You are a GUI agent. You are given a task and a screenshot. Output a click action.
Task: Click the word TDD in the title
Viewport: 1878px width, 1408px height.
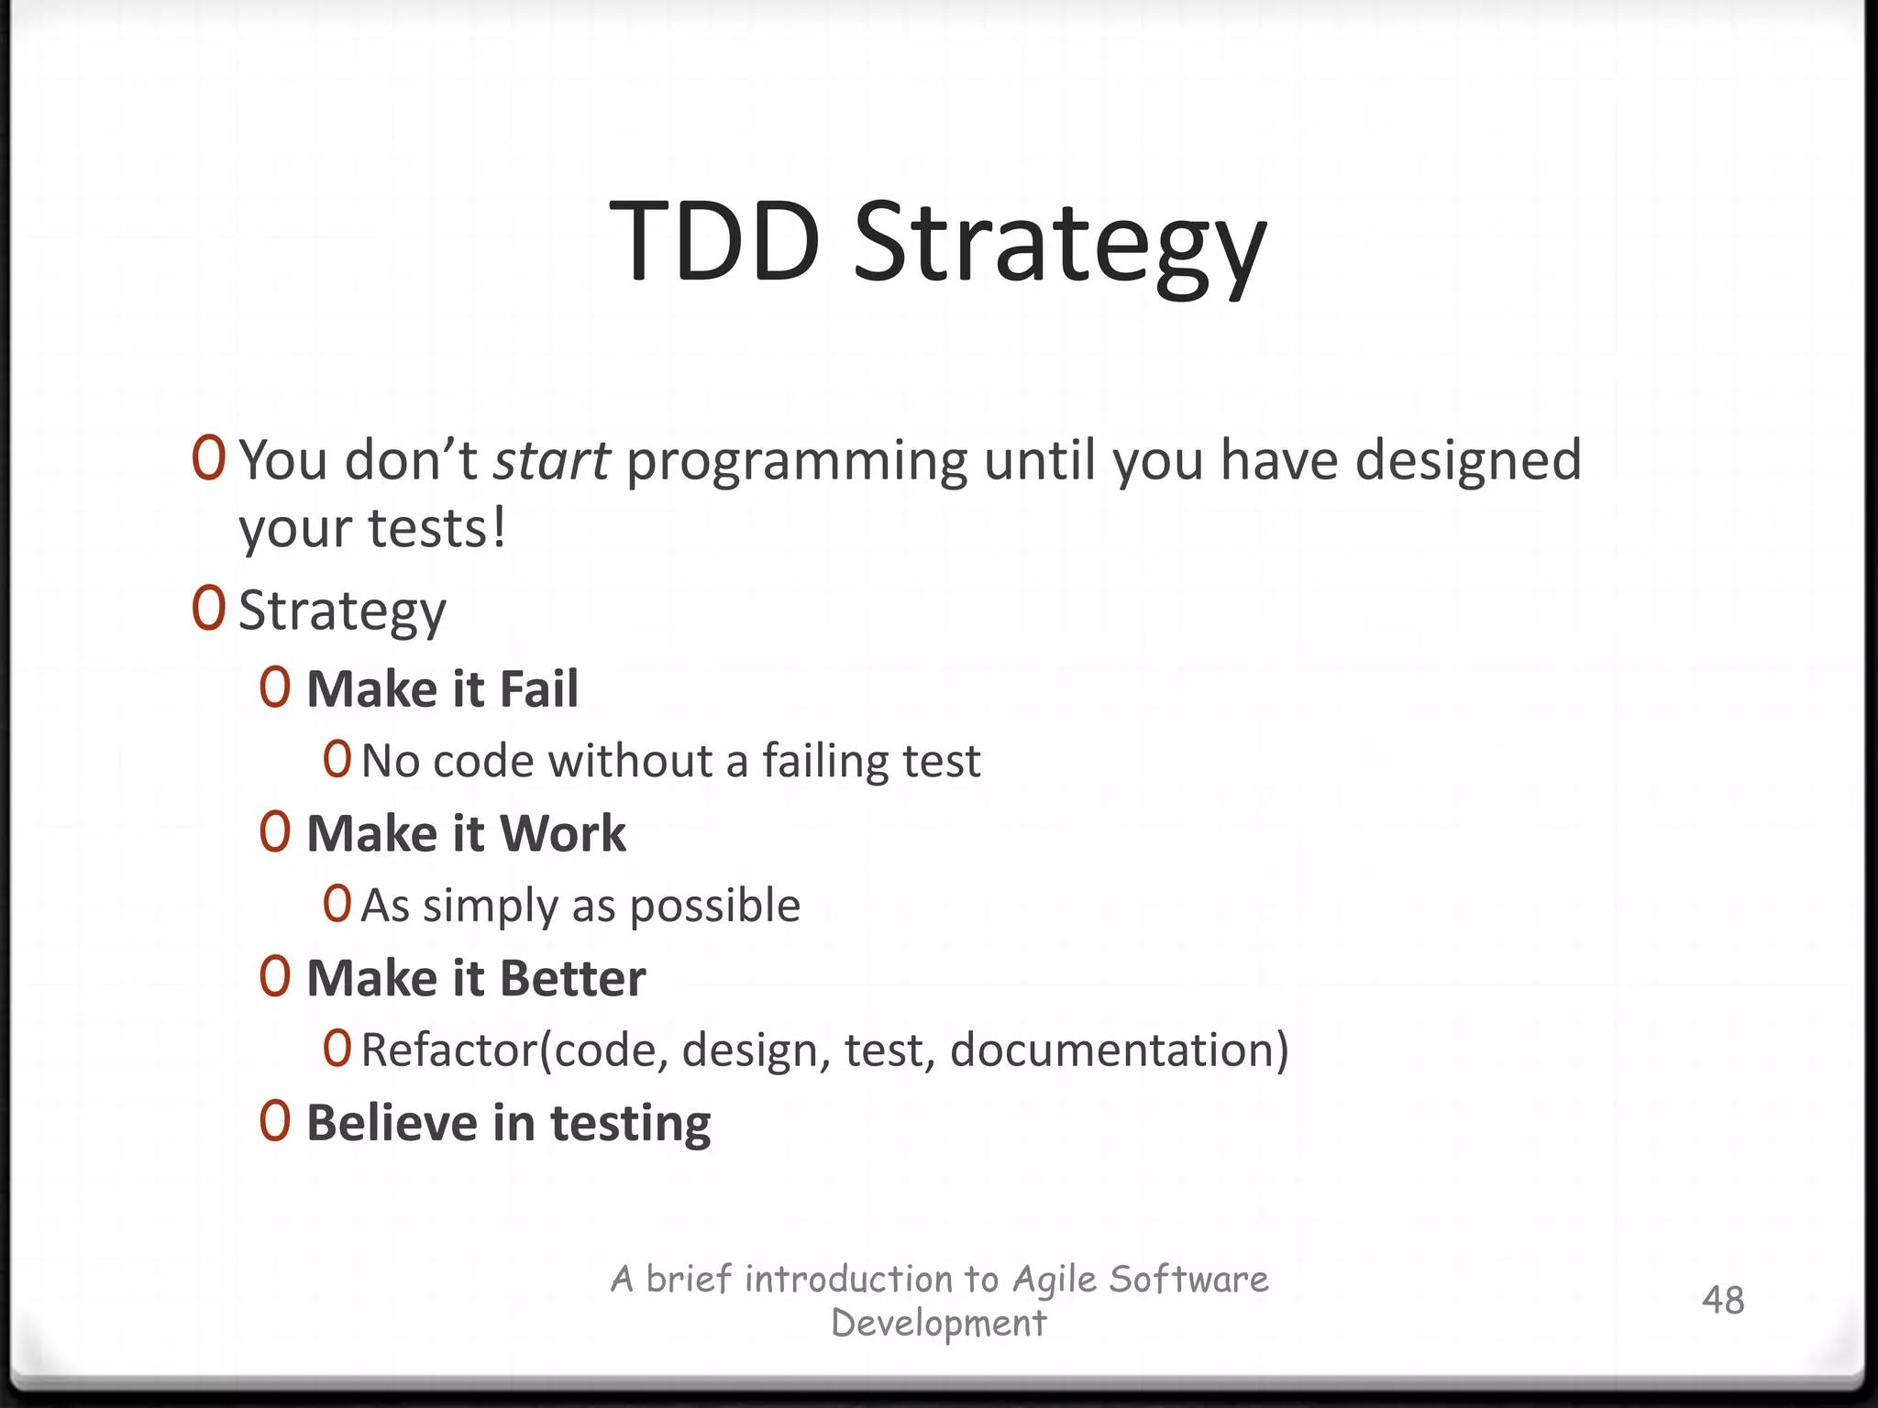(x=714, y=242)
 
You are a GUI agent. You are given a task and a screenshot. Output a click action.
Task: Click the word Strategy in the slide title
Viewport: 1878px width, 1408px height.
(x=1059, y=246)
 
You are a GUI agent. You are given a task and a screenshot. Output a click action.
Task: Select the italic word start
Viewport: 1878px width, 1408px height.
(x=551, y=460)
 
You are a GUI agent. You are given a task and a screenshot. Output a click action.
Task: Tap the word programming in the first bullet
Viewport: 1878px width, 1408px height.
(x=796, y=462)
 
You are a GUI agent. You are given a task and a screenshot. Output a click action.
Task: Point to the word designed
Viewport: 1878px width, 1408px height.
(x=1468, y=460)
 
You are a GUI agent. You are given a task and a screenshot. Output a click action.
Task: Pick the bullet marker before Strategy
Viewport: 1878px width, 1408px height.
(x=208, y=609)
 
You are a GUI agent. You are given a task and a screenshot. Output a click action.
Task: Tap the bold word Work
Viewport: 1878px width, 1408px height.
(x=563, y=834)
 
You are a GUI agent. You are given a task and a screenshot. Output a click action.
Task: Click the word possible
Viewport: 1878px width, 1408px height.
(x=714, y=907)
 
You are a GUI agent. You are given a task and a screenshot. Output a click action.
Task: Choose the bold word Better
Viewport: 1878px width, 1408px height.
(x=573, y=979)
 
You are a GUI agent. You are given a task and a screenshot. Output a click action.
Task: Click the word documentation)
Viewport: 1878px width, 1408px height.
(x=1119, y=1050)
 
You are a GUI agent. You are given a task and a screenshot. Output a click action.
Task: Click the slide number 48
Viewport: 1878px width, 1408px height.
(x=1722, y=1300)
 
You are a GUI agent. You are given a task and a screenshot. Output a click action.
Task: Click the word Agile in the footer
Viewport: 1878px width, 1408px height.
(x=1055, y=1280)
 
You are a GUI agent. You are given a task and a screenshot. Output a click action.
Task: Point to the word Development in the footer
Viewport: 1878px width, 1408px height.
(x=938, y=1324)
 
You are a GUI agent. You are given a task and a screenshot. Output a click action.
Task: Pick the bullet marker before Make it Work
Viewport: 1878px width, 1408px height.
(x=274, y=833)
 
